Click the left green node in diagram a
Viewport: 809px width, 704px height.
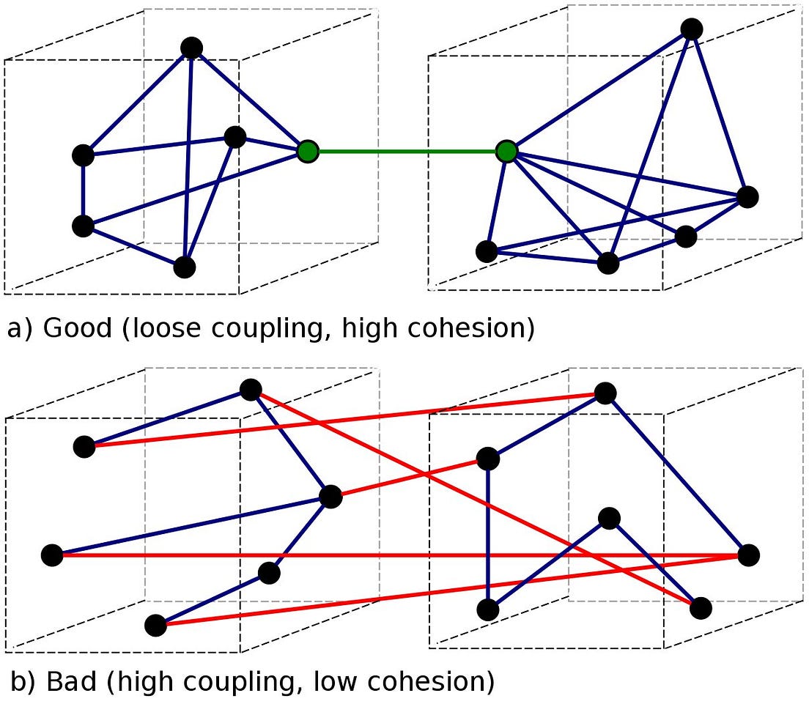coord(309,152)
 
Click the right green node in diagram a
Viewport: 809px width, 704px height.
coord(506,152)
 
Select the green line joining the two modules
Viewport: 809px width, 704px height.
coord(407,152)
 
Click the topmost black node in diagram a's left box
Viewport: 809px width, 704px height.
coord(191,48)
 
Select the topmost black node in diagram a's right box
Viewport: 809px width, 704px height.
coord(692,29)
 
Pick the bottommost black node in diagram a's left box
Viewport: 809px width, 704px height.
coord(185,267)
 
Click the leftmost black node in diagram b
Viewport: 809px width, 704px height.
coord(52,555)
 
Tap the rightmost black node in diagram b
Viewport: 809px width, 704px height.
coord(748,555)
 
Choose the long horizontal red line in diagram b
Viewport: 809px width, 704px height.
coord(396,555)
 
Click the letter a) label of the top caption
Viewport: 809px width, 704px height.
coord(19,328)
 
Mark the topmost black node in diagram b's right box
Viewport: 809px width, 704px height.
coord(605,393)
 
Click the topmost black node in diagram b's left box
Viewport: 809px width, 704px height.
coord(251,389)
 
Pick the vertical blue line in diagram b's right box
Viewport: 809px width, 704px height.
coord(488,535)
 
